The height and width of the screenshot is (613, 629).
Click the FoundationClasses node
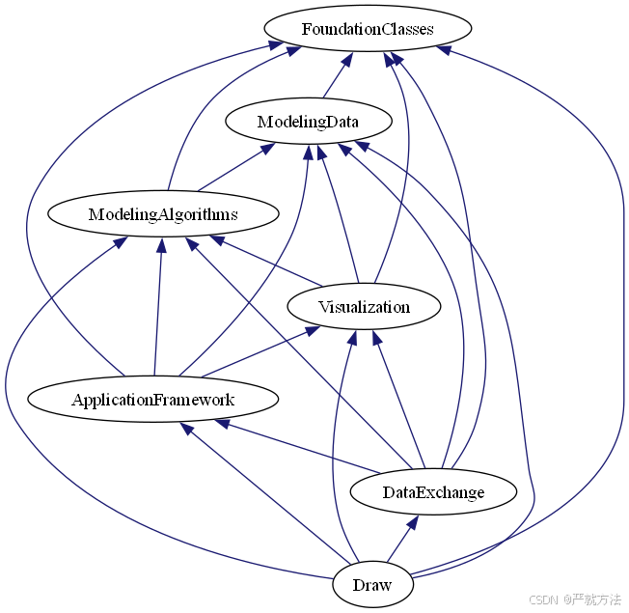(367, 29)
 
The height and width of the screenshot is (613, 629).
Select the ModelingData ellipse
(308, 123)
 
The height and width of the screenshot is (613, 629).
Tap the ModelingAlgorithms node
(163, 213)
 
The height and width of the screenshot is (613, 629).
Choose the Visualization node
(364, 307)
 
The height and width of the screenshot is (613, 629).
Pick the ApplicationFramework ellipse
(152, 399)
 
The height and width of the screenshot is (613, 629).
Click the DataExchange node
(433, 492)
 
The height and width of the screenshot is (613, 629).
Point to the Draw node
(372, 585)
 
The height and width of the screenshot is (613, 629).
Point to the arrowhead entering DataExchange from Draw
(412, 522)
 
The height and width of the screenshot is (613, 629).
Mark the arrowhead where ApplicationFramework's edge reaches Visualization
(311, 331)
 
